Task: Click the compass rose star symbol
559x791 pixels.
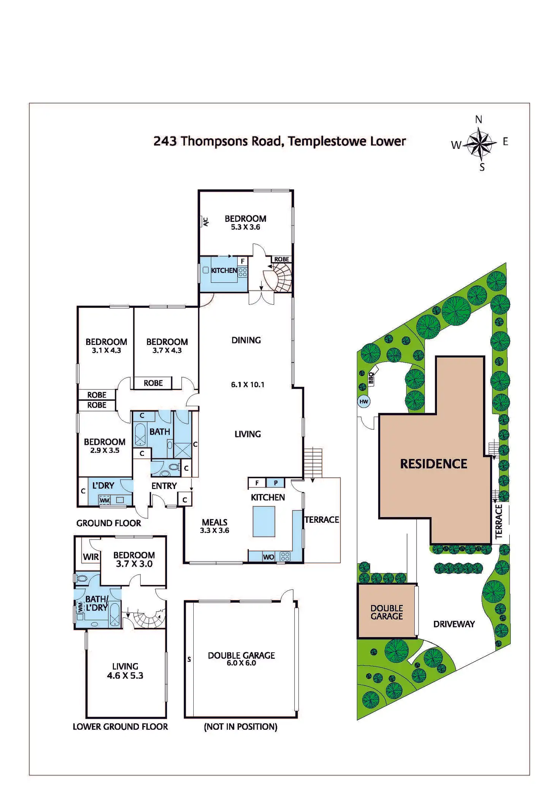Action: pos(480,143)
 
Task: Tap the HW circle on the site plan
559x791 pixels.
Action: pos(363,402)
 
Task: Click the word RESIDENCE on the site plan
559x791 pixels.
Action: pos(433,464)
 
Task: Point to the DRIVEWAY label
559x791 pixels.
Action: pos(454,624)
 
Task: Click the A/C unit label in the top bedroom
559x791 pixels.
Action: pos(205,221)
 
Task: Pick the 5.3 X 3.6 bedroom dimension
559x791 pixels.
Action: pos(245,227)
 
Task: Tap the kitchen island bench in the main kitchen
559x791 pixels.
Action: pos(264,521)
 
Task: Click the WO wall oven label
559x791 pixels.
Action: pos(268,557)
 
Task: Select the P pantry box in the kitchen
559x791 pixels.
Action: pos(276,483)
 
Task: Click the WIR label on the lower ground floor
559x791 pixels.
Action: pos(91,557)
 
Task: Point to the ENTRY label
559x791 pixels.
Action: pos(164,486)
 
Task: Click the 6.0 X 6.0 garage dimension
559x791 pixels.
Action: pos(241,663)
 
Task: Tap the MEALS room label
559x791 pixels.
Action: pos(215,522)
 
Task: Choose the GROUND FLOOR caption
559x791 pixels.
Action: pos(109,523)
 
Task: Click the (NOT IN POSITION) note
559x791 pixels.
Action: pos(240,727)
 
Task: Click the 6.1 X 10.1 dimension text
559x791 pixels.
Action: pos(248,384)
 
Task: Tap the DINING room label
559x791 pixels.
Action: pos(246,340)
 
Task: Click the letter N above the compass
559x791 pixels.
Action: pos(478,120)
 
